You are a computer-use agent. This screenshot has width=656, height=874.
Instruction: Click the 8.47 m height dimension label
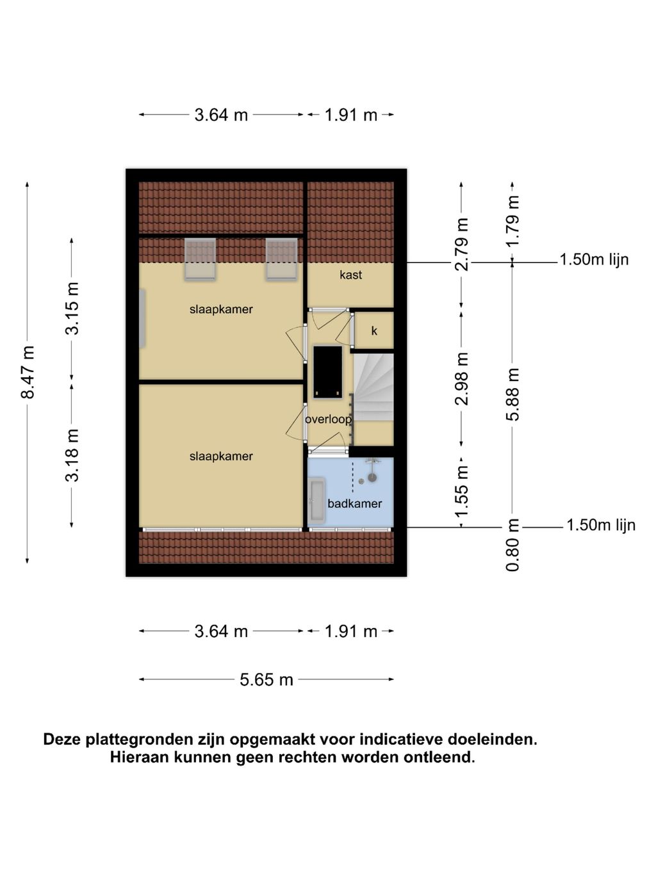point(28,372)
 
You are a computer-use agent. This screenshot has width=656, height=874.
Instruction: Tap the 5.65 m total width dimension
point(266,680)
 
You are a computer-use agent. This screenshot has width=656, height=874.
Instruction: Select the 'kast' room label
point(350,275)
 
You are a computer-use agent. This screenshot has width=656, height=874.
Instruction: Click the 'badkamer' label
point(354,503)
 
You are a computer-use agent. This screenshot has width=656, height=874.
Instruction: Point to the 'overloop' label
point(328,419)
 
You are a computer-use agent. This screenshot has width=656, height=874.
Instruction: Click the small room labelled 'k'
point(374,330)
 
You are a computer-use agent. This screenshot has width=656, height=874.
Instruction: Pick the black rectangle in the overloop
point(327,372)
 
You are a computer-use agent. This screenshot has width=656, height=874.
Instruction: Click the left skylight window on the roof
point(200,259)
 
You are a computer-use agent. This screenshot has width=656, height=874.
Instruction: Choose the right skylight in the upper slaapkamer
point(282,259)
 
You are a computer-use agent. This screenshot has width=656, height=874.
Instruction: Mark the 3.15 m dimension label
point(72,308)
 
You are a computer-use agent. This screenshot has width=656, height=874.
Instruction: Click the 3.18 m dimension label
point(72,455)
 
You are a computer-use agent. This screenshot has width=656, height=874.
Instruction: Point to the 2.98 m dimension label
point(462,378)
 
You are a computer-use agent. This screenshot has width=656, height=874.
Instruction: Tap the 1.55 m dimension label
point(462,492)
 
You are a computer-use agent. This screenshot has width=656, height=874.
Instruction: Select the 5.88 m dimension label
point(512,394)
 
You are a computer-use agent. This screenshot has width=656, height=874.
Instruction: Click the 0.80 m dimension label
point(512,545)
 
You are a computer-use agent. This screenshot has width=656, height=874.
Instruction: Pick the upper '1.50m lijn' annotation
point(594,259)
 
